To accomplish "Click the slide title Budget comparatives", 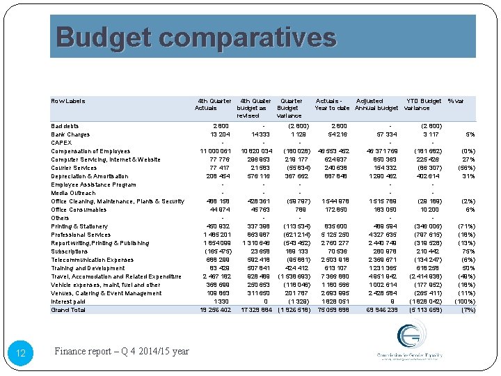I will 196,36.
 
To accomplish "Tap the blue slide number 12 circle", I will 20,354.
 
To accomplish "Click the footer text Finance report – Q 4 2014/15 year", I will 122,352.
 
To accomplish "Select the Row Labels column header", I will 68,101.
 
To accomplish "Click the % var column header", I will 457,101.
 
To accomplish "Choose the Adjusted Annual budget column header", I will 377,104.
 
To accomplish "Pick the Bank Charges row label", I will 70,134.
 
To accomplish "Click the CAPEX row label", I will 61,143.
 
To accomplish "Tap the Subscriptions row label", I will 70,251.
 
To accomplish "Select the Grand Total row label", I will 68,310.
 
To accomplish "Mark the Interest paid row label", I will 68,301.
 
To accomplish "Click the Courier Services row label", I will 74,168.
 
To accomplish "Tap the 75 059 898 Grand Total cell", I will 331,310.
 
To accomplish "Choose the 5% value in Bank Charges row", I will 470,134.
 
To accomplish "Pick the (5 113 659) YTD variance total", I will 424,310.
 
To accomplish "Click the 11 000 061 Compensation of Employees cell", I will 212,151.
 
